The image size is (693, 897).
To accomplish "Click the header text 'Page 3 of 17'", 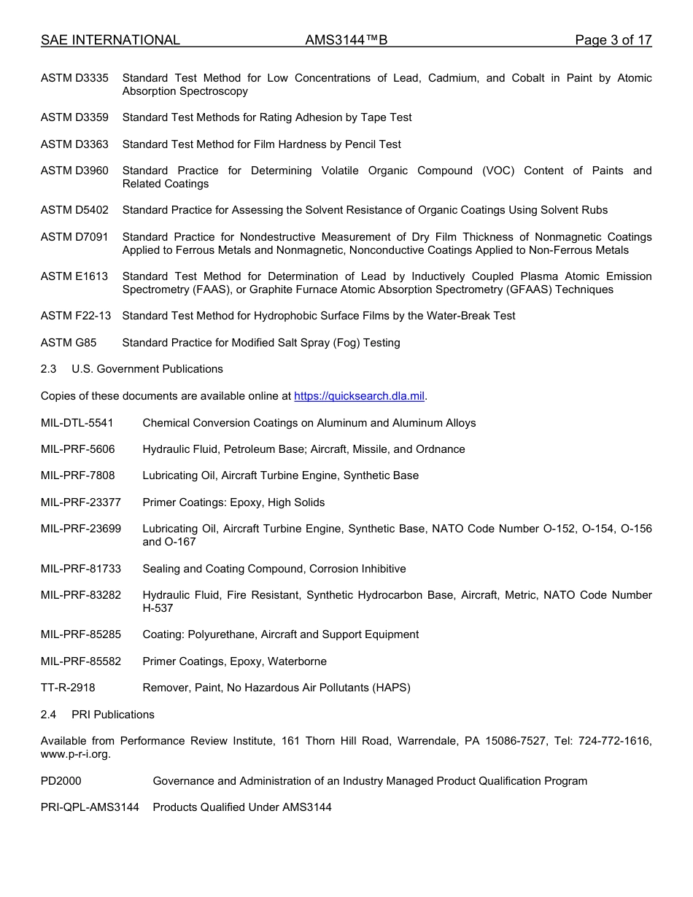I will (x=613, y=40).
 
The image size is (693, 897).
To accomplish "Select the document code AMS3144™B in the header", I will (x=346, y=40).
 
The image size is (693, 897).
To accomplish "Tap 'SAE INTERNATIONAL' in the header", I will (x=110, y=40).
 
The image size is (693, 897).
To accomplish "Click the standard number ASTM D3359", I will (x=74, y=117).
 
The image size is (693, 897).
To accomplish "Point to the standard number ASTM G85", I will (x=69, y=343).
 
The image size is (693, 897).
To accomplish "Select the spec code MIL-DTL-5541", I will (x=77, y=423).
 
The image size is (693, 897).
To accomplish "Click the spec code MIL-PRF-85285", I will (x=81, y=634).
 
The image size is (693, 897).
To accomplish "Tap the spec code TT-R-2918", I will (x=68, y=688).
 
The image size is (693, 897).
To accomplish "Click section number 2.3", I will (x=48, y=369).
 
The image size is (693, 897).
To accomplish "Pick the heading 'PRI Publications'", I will (x=113, y=715).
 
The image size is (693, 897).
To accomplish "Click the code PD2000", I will (x=61, y=781).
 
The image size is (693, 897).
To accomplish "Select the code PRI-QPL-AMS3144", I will (x=90, y=807).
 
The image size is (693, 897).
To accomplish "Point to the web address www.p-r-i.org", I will (x=75, y=755).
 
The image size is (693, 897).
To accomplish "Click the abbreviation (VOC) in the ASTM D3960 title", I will (x=498, y=171).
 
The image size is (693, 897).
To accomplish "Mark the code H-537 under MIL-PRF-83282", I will (x=158, y=608).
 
